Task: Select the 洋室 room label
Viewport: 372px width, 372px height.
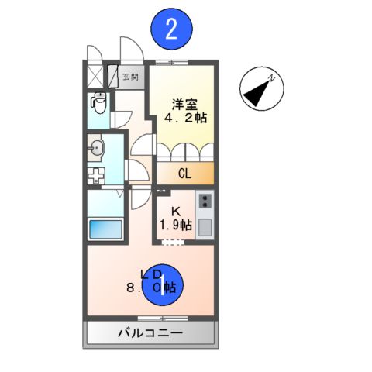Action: point(184,103)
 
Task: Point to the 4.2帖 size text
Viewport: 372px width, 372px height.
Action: point(184,119)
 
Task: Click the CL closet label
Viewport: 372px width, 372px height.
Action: point(184,174)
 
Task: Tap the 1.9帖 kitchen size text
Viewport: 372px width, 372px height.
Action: point(175,226)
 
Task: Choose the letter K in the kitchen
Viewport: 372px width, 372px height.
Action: point(174,211)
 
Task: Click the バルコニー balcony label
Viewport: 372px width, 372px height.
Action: point(150,333)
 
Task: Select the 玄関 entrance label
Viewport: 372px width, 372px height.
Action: point(130,77)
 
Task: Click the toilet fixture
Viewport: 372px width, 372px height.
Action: point(98,102)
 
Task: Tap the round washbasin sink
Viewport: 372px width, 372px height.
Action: point(96,147)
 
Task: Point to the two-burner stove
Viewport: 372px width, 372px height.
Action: point(205,201)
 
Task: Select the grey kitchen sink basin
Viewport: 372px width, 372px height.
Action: point(205,226)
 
